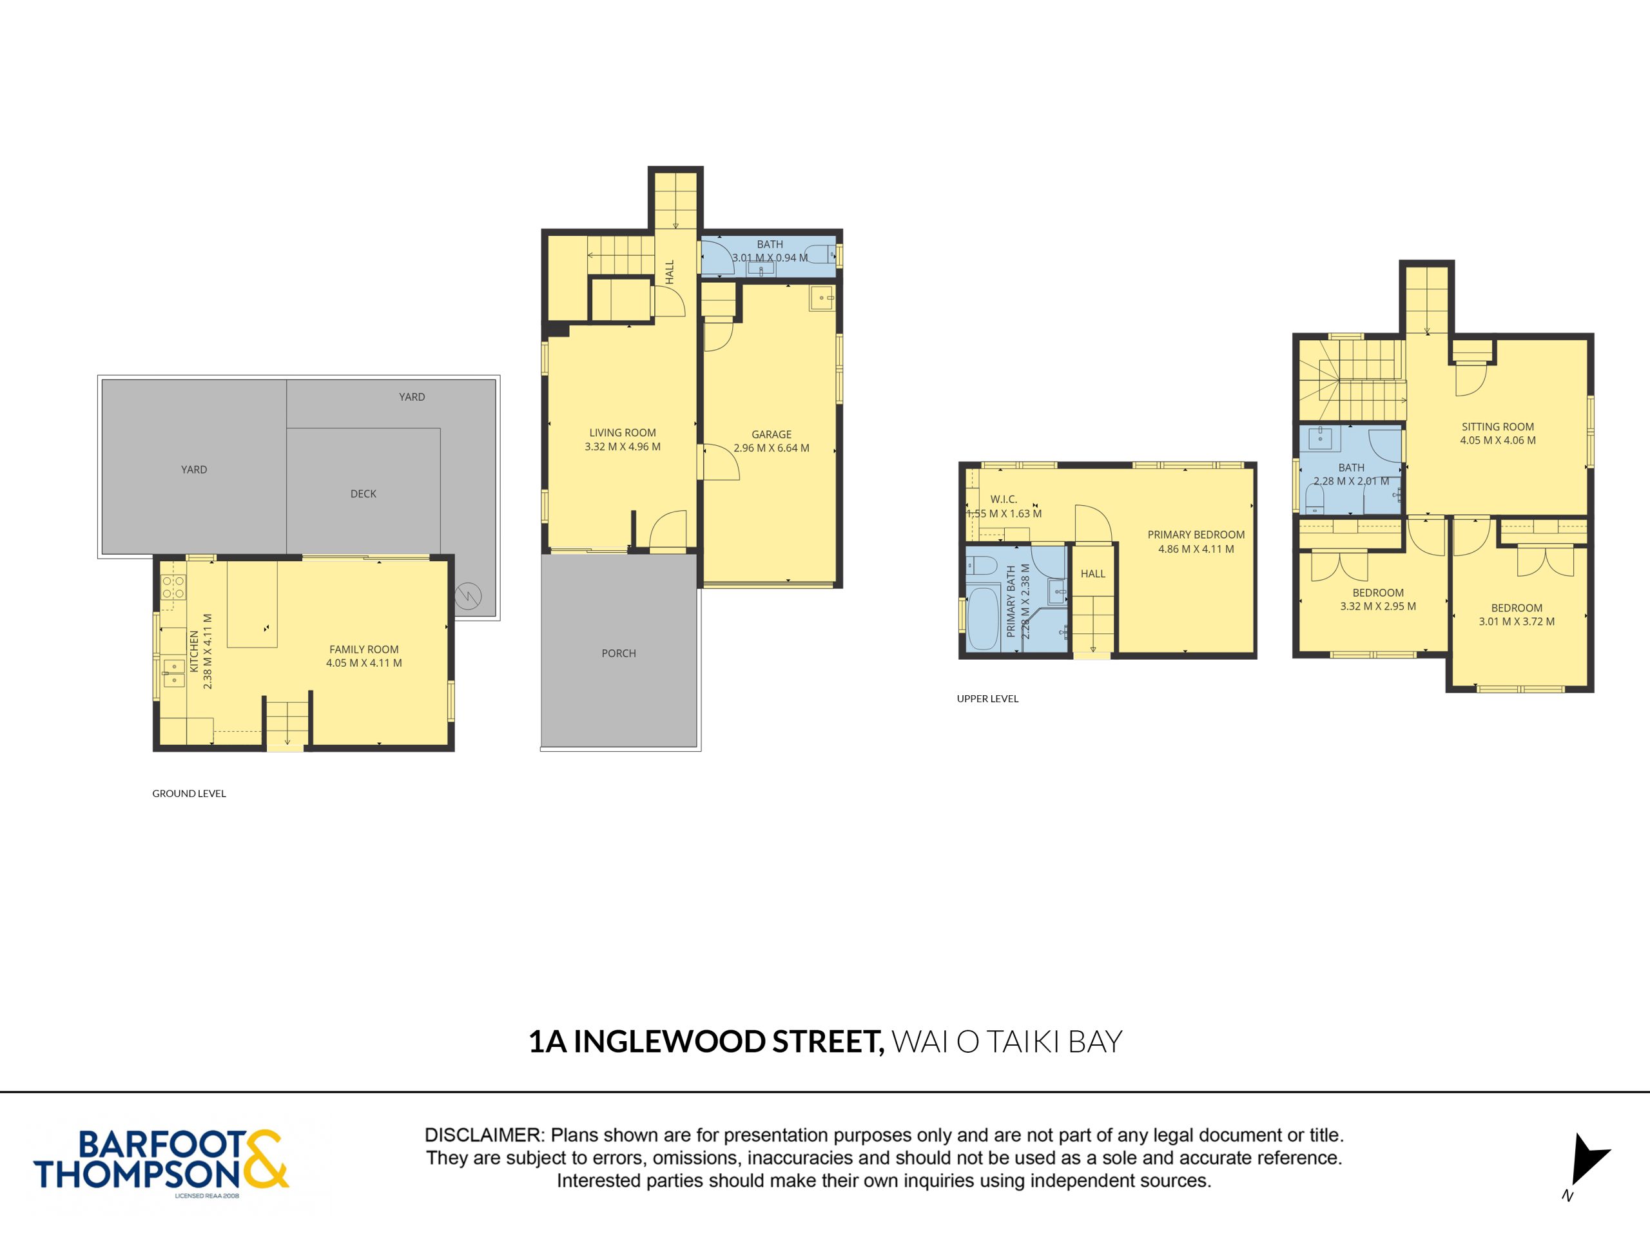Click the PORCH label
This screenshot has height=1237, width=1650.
618,653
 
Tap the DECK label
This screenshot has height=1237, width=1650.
364,494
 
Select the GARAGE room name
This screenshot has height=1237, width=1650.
772,434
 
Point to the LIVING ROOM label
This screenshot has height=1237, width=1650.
622,432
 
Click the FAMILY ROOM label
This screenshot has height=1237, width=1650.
364,649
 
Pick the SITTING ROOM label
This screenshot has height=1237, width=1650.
1498,427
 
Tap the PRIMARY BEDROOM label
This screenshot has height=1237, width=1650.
1196,535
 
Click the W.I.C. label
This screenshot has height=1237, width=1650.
1004,499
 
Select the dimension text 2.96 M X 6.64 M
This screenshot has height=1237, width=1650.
772,448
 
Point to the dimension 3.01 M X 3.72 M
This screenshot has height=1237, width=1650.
1517,621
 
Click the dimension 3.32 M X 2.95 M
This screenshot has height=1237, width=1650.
1378,606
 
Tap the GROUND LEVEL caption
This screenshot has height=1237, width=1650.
189,793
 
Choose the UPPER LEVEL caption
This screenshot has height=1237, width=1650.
987,698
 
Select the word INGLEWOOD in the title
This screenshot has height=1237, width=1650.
669,1042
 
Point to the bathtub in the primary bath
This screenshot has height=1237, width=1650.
983,618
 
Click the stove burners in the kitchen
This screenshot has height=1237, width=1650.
173,587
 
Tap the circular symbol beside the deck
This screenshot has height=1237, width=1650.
469,596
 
